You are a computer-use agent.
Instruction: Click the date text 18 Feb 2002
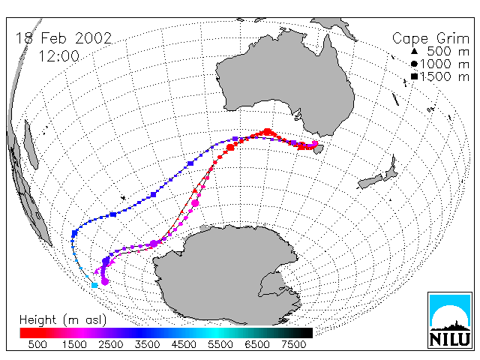coord(64,38)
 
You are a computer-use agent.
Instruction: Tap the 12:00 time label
coord(58,56)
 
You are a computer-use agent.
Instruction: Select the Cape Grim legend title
coord(430,39)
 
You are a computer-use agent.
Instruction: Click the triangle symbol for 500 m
coord(414,51)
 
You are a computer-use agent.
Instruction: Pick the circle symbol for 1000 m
coord(414,64)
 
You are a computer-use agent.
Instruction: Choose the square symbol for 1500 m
coord(414,76)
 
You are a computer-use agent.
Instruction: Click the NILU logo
coord(450,320)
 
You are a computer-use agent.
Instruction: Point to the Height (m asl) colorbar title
coord(63,320)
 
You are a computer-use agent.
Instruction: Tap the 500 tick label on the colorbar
coord(37,345)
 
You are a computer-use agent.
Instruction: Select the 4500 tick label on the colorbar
coord(184,345)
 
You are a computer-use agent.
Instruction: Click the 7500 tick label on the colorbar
coord(293,345)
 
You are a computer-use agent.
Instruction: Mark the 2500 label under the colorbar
coord(110,345)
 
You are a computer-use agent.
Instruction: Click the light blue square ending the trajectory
coord(94,285)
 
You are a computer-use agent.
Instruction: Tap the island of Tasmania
coord(318,149)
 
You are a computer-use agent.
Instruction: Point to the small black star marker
coord(123,198)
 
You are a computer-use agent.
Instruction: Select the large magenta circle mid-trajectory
coord(195,203)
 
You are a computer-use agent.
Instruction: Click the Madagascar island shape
coord(31,145)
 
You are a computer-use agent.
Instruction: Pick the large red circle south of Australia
coord(268,132)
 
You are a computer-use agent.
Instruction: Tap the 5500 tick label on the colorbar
coord(220,345)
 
